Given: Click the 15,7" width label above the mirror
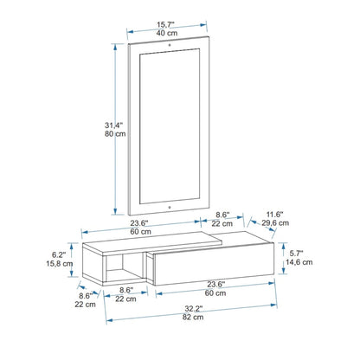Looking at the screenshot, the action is (x=165, y=25).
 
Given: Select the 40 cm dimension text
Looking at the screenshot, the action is (x=167, y=33).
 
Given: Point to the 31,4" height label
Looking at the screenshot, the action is (x=113, y=125).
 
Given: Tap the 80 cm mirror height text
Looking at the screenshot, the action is (x=115, y=134).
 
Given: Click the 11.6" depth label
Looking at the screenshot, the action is (x=274, y=215).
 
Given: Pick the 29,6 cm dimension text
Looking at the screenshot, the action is (x=275, y=223).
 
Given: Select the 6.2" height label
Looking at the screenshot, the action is (x=59, y=254).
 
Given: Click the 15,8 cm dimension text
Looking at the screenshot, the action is (x=60, y=263).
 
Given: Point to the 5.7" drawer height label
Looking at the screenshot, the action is (x=296, y=254).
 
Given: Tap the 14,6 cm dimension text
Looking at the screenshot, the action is (x=299, y=262).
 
